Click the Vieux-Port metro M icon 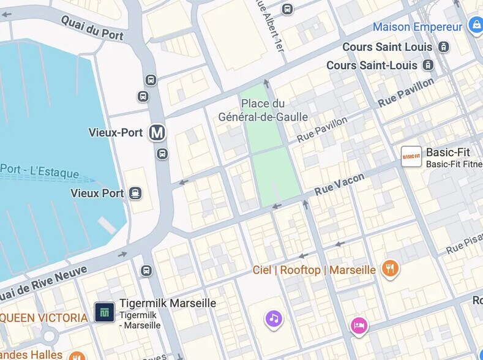[x=157, y=132]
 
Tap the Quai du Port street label [x=92, y=27]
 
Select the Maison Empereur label [x=417, y=27]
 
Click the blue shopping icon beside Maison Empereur [x=475, y=25]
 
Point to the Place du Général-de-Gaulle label [x=263, y=110]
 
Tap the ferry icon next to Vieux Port [x=135, y=193]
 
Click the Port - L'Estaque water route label [x=39, y=171]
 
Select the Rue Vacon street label [x=339, y=184]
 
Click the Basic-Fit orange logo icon [x=411, y=157]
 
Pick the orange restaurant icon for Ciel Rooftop [x=390, y=269]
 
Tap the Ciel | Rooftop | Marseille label [x=314, y=270]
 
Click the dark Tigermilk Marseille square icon [x=105, y=312]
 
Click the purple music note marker [x=274, y=318]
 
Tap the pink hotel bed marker [x=359, y=325]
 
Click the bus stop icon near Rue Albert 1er [x=287, y=9]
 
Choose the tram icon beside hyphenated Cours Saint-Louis [x=429, y=65]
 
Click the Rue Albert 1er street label [x=269, y=28]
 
